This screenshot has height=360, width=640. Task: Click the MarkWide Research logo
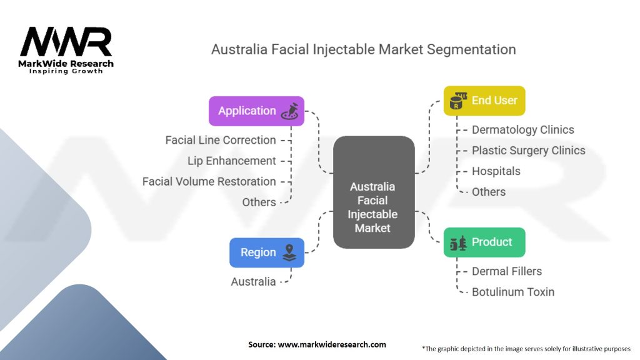coord(66,50)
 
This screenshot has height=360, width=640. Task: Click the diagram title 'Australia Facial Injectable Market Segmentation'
coord(363,49)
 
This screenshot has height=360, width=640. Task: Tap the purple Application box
coord(256,111)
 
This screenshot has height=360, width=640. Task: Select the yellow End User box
coord(484,101)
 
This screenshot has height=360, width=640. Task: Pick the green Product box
coord(484,242)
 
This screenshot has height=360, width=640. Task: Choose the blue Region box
coord(267,252)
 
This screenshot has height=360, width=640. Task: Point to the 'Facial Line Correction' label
coord(221,140)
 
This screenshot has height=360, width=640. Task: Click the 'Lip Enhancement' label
coord(232,161)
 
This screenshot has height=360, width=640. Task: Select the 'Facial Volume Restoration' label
coord(209,181)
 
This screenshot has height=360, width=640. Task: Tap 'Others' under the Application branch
coord(259,202)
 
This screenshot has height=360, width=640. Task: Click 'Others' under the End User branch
coord(489,192)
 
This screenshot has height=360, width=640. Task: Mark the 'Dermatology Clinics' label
coord(522,130)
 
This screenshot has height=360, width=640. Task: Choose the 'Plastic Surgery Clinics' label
coord(528,151)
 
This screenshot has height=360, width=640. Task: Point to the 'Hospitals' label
coord(496,171)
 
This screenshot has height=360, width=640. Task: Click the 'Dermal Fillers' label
coord(507,271)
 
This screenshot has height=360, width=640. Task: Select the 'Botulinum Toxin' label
coord(512,292)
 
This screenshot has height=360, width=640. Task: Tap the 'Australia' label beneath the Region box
coord(253,282)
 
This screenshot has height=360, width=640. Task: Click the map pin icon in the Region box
coord(289,252)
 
